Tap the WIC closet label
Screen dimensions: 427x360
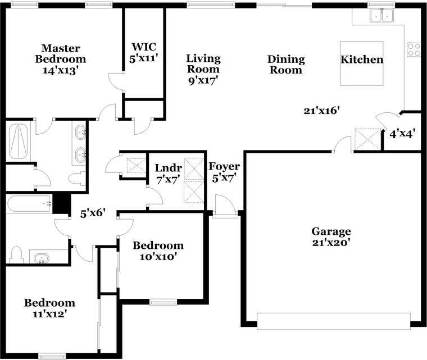click(144, 47)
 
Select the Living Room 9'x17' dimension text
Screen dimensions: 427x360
click(204, 81)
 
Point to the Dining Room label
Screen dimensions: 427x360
click(286, 65)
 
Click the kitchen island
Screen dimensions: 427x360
click(362, 63)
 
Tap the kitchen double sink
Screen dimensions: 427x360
click(381, 15)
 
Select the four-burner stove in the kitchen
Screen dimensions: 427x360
click(414, 49)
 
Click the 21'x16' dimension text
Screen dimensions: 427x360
click(322, 111)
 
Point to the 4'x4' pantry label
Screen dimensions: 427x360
click(402, 134)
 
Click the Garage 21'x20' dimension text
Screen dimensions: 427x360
click(331, 243)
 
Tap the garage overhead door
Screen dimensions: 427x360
click(334, 321)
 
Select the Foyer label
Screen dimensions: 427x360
click(224, 166)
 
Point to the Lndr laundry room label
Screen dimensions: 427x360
click(169, 168)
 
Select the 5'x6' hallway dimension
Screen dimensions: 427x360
click(93, 213)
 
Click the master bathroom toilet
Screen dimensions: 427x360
click(77, 178)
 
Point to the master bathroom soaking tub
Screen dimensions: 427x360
click(18, 141)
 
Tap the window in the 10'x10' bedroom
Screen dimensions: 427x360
click(163, 302)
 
